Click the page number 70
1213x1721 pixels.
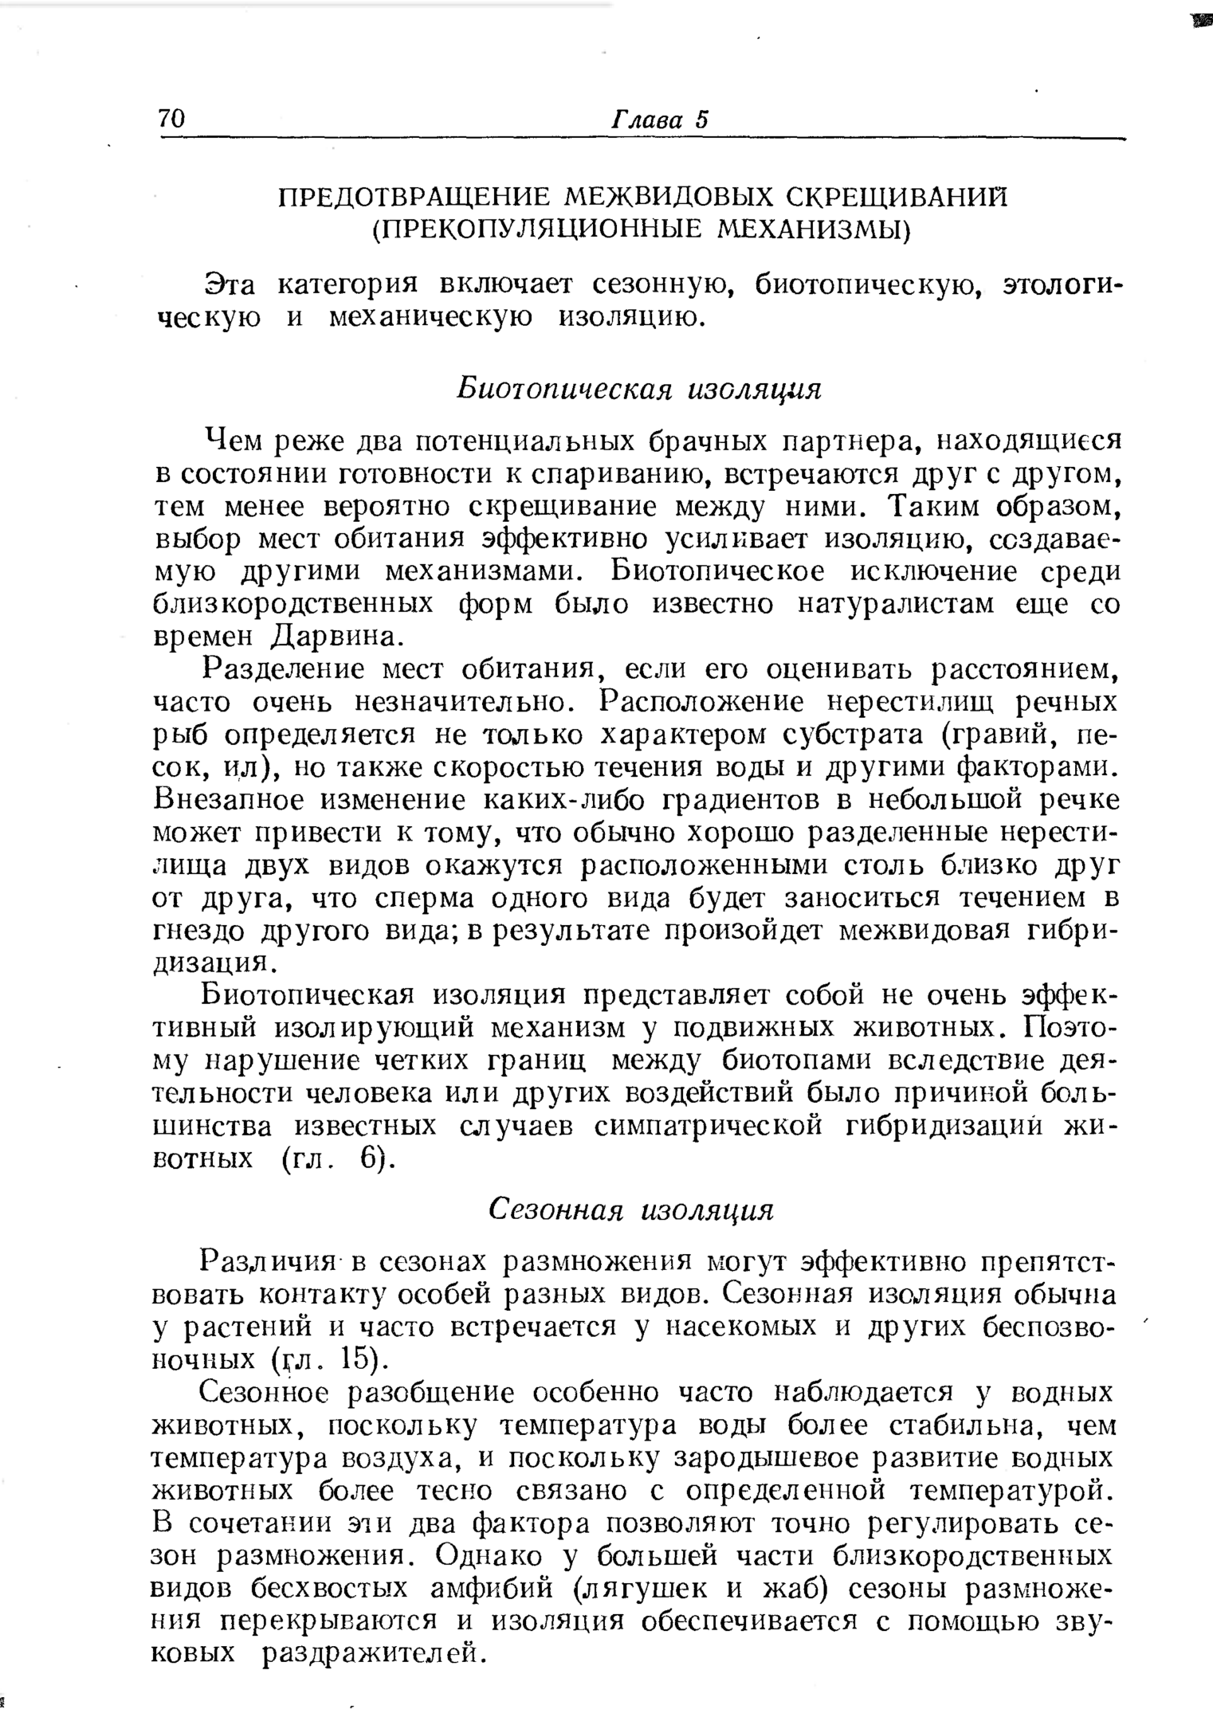(171, 119)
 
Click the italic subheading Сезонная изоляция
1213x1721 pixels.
(630, 1209)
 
